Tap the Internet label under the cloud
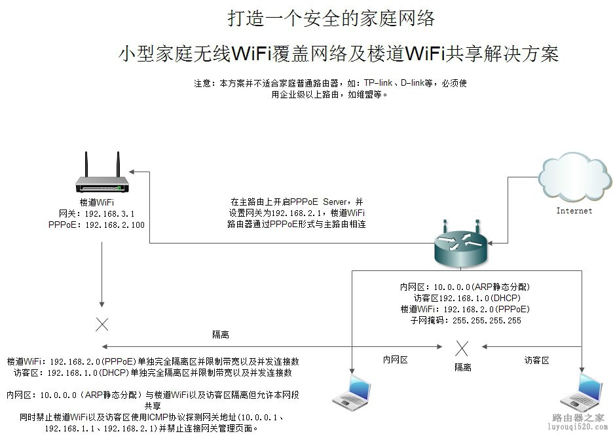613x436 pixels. coord(574,211)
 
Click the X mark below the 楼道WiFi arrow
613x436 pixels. coord(102,323)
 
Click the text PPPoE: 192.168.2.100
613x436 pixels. coord(96,225)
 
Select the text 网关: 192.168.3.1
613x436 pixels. coord(96,214)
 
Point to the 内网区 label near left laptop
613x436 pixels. coord(396,359)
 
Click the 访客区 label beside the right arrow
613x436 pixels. coord(536,359)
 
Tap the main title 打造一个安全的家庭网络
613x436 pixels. coord(331,18)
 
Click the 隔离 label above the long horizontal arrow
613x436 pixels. coord(221,335)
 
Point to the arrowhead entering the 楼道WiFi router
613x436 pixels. coord(132,171)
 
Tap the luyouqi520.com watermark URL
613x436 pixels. coord(576,427)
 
